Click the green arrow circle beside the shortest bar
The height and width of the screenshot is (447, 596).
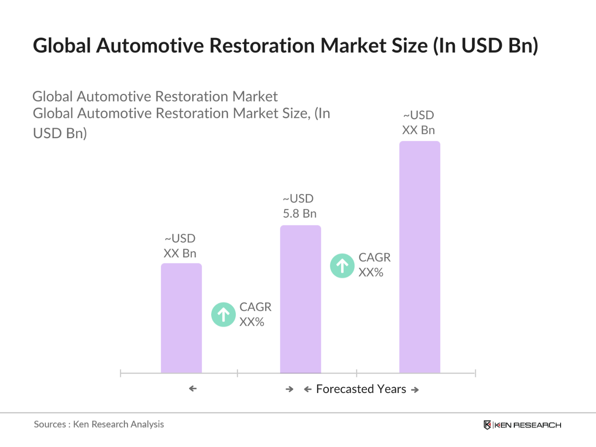pos(223,314)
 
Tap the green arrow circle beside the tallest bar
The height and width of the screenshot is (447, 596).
pos(342,266)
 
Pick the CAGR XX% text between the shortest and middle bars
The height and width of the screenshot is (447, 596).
pos(255,314)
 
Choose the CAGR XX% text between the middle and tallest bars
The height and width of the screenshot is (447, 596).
pos(374,265)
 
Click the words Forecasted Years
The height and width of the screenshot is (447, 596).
pos(361,389)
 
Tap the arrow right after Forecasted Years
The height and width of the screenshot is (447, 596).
pos(415,390)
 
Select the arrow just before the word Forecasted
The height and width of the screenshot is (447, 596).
pos(308,390)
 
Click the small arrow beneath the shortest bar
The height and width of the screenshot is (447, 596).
pos(193,389)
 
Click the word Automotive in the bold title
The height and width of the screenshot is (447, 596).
pos(149,46)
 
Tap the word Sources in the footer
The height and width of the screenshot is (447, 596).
pos(50,425)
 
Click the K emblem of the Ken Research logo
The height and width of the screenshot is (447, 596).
pos(487,425)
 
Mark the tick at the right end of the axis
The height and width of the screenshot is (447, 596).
pos(475,373)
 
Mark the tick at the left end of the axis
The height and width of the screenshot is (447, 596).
pos(120,373)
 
